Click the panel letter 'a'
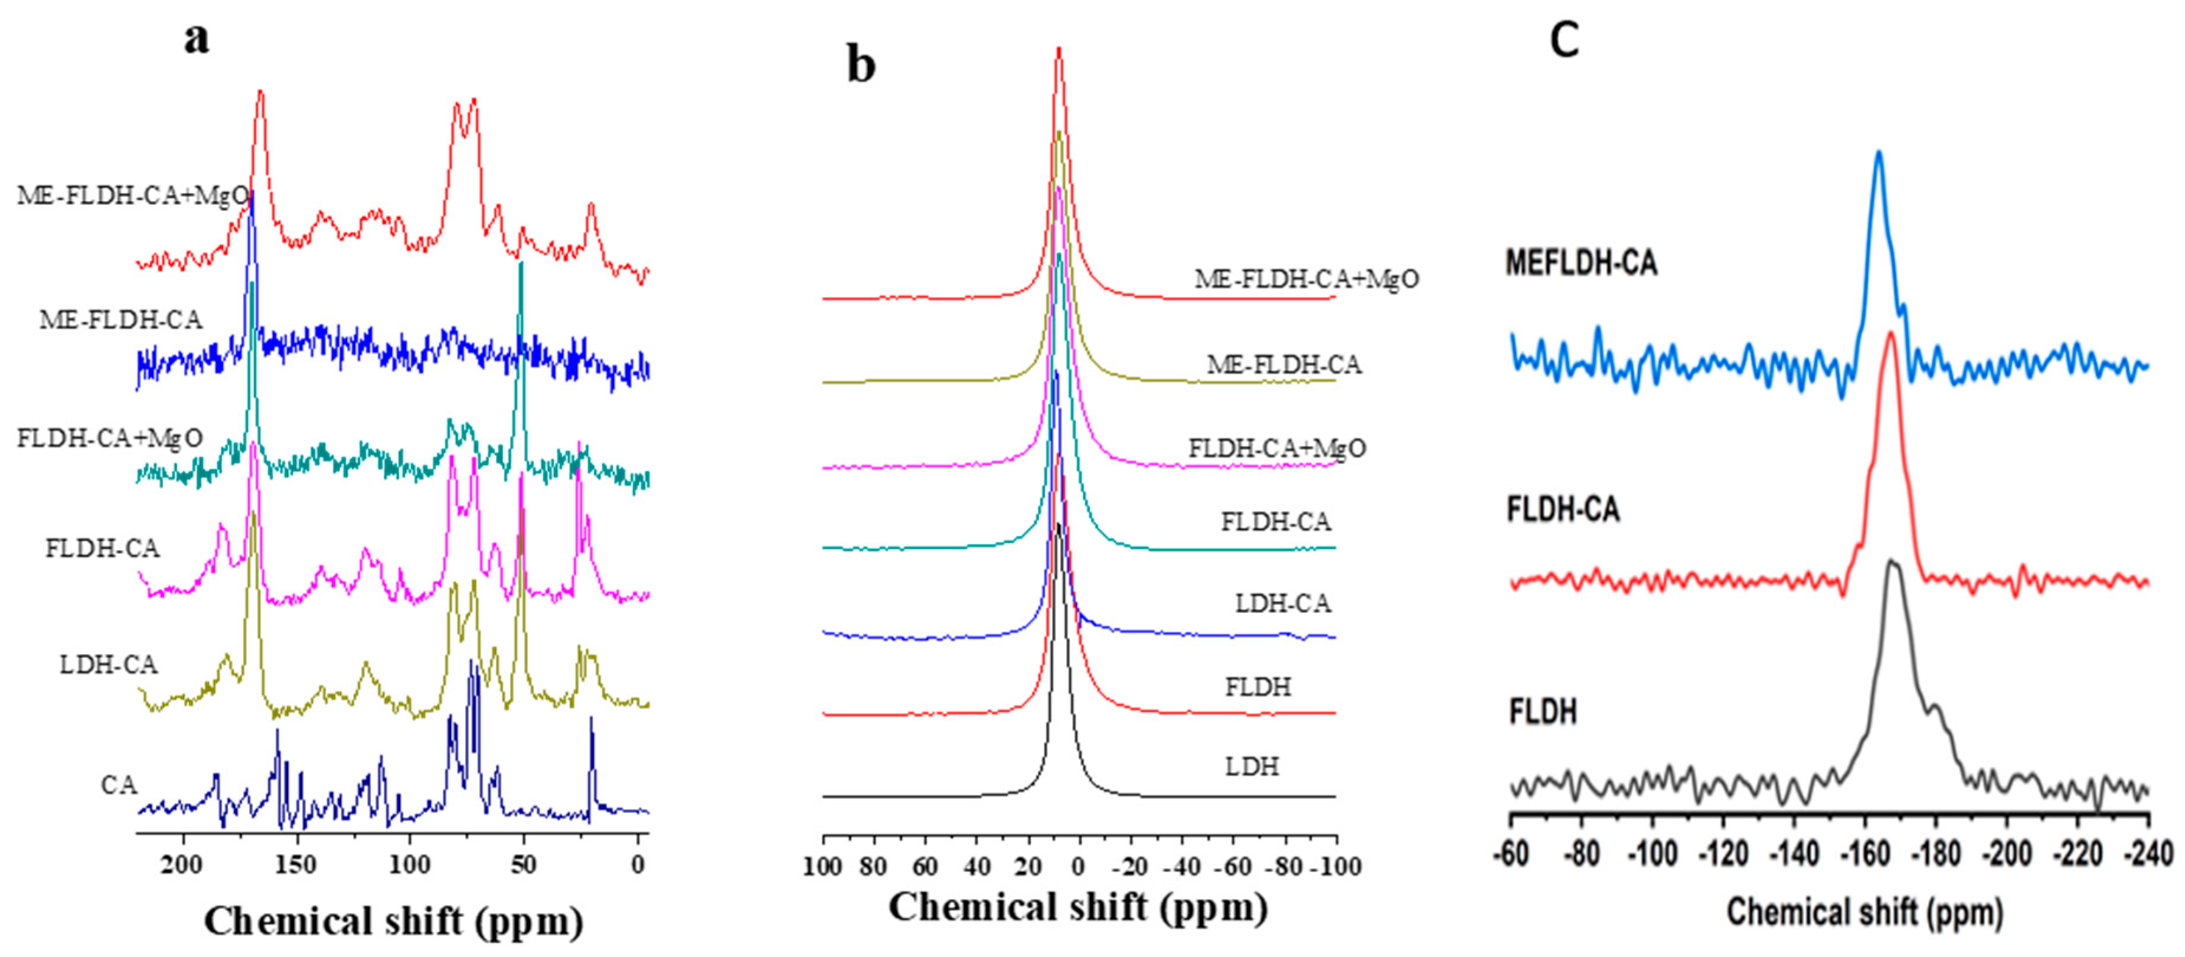197,38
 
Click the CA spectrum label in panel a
119,785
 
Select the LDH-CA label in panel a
109,664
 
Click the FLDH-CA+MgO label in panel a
110,438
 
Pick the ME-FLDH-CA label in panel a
120,320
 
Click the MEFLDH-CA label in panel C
1581,263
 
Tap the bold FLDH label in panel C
1543,711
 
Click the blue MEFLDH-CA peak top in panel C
1878,153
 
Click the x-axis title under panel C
1864,913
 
